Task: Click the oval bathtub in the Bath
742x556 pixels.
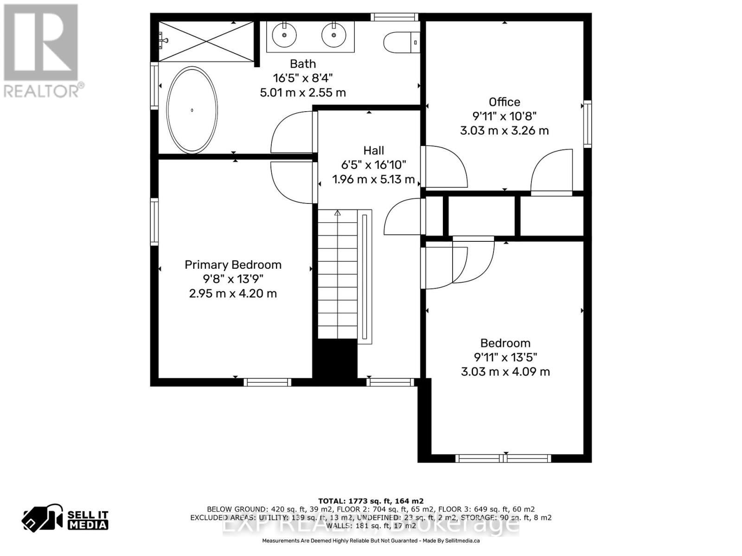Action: (x=192, y=110)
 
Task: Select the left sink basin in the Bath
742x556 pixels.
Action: (x=284, y=34)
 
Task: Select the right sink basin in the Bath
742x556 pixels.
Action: (x=333, y=35)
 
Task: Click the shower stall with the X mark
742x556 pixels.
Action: (x=206, y=41)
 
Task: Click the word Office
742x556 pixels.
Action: (x=504, y=102)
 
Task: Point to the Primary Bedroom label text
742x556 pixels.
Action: (x=233, y=265)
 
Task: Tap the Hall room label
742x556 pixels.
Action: (x=373, y=151)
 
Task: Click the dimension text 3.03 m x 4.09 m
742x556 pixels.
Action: (x=505, y=372)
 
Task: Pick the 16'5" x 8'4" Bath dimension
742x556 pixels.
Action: (x=303, y=78)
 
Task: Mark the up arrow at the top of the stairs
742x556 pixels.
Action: (x=338, y=213)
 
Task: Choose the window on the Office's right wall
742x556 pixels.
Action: (x=588, y=124)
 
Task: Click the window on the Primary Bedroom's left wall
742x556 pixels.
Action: (x=154, y=221)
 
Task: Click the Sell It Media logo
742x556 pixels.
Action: (x=65, y=519)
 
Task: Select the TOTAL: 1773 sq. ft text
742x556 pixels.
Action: (x=371, y=501)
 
